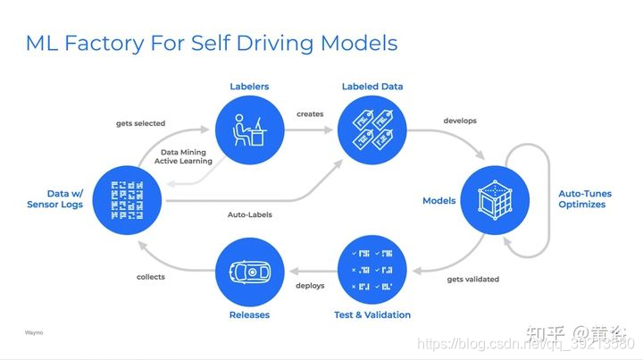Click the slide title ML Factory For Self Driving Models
pyautogui.click(x=212, y=42)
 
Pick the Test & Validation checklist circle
pyautogui.click(x=372, y=269)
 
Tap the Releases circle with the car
pyautogui.click(x=249, y=269)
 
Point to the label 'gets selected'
pyautogui.click(x=140, y=123)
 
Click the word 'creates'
pyautogui.click(x=310, y=114)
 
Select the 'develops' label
pyautogui.click(x=460, y=120)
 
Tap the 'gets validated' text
pyautogui.click(x=472, y=279)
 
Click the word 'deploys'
pyautogui.click(x=310, y=286)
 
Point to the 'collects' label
pyautogui.click(x=151, y=277)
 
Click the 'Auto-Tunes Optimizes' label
pyautogui.click(x=581, y=198)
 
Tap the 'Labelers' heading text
pyautogui.click(x=249, y=87)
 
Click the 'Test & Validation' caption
pyautogui.click(x=372, y=314)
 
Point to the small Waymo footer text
pyautogui.click(x=33, y=332)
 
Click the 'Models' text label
pyautogui.click(x=438, y=200)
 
